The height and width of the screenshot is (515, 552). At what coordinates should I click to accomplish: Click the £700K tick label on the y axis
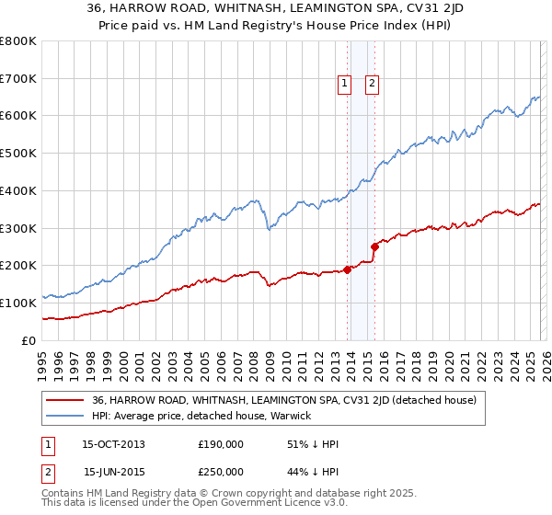pos(18,79)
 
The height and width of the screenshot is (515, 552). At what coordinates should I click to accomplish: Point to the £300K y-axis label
pos(18,228)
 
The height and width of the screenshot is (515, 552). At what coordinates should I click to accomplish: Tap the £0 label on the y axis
pos(29,340)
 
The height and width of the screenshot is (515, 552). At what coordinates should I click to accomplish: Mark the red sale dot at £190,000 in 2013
pos(348,269)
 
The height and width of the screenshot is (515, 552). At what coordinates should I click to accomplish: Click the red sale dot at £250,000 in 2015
pos(374,246)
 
